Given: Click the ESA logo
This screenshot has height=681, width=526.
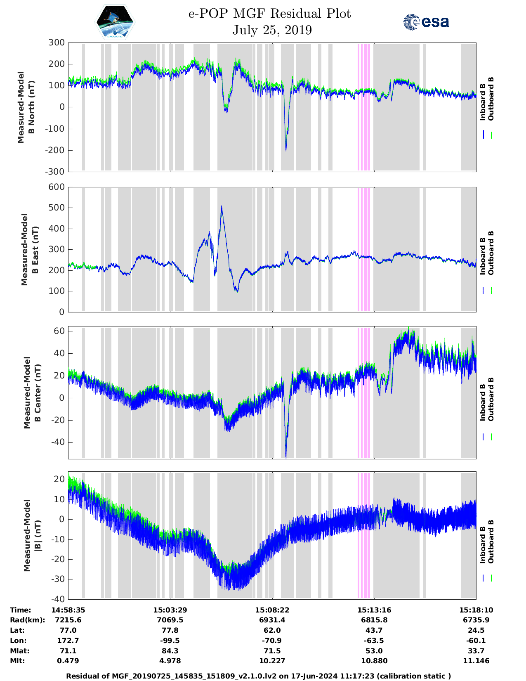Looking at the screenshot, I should [x=426, y=22].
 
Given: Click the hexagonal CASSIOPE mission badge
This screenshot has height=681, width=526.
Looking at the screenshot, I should [x=115, y=22].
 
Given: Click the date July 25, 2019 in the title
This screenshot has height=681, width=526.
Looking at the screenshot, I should [x=272, y=30].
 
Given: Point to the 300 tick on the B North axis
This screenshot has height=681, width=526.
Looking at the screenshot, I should [x=57, y=43].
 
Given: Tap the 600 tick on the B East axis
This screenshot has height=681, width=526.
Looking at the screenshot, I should [x=57, y=187].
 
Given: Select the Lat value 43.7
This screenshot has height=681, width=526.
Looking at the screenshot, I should [x=374, y=630].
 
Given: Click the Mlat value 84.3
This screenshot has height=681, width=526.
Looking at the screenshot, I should [x=170, y=651].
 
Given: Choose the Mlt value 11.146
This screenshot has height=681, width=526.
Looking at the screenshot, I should [x=476, y=661].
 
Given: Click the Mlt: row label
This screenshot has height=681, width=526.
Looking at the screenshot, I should [x=17, y=661].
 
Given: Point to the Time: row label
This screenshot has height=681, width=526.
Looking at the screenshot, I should [x=21, y=610].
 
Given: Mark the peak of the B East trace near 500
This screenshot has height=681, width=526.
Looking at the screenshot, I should [x=221, y=206].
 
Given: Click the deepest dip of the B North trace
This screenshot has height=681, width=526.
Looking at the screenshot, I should [x=286, y=150].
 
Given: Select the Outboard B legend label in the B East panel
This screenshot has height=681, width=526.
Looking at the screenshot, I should [x=491, y=253].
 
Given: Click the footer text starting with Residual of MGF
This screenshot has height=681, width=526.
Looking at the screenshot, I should [x=259, y=676].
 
